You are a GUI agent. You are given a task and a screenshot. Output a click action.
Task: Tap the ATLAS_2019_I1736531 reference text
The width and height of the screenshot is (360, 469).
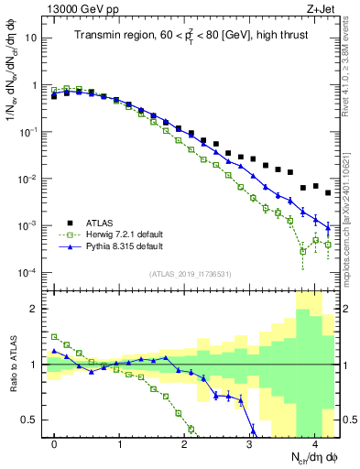(x=190, y=274)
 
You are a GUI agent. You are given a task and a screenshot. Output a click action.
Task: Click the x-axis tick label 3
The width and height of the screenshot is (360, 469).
(x=249, y=449)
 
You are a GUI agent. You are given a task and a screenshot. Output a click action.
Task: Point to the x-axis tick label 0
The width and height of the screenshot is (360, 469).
(x=54, y=449)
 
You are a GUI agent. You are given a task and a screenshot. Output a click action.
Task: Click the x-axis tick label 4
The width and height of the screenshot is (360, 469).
(x=314, y=449)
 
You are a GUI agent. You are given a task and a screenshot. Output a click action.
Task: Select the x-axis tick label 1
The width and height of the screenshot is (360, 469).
(x=119, y=449)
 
